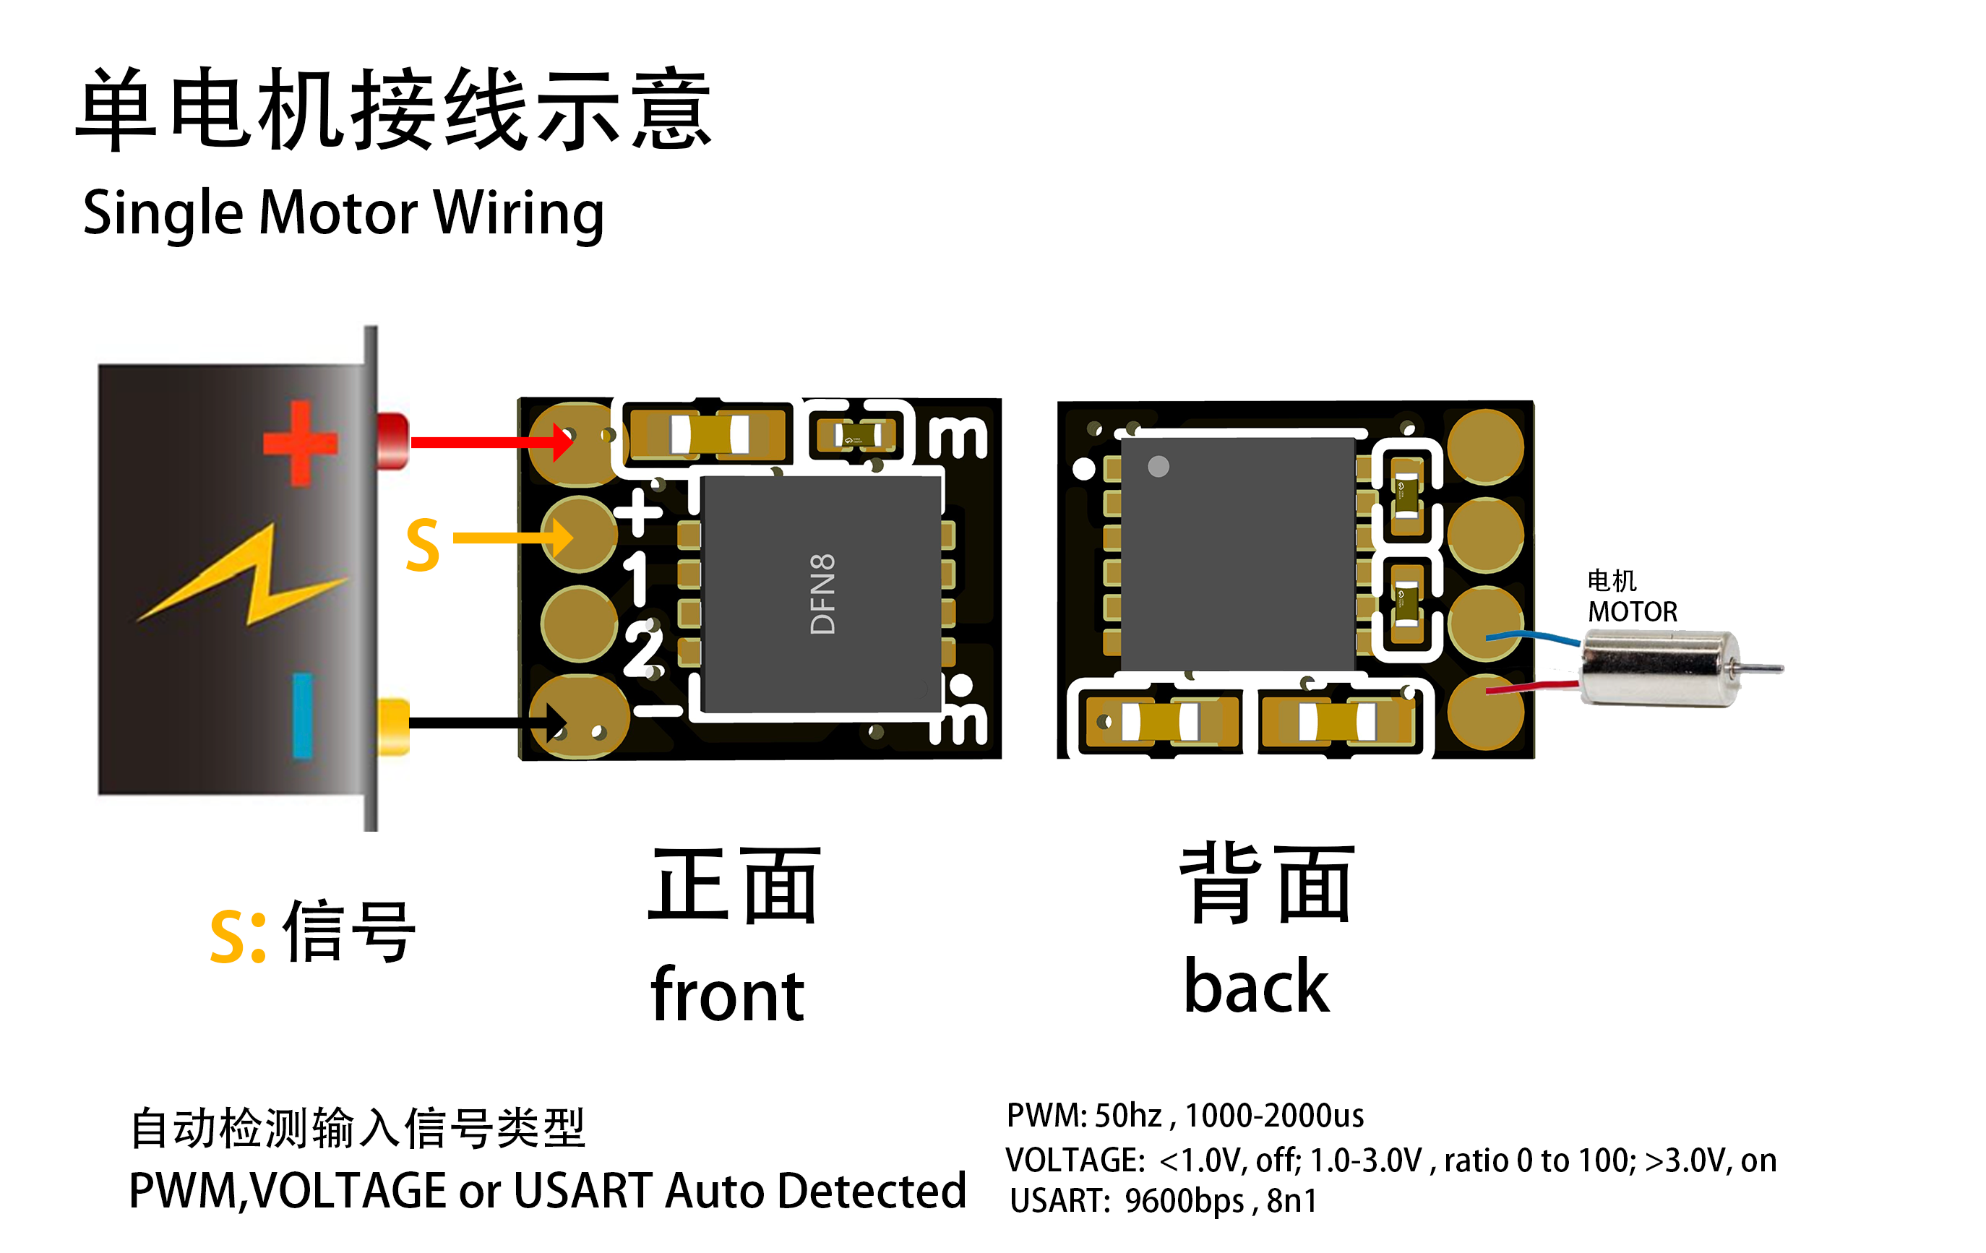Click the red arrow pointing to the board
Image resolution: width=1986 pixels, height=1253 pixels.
coord(486,443)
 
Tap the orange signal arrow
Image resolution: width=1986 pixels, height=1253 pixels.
coord(512,538)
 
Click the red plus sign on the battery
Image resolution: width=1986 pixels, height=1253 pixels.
coord(300,443)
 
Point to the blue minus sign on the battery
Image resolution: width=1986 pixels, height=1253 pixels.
coord(303,715)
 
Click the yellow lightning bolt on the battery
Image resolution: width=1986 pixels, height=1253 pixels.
coord(247,577)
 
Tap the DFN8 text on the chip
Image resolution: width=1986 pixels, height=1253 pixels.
coord(823,593)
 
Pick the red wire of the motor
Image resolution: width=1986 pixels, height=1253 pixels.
coord(1534,687)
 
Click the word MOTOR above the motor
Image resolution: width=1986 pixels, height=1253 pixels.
coord(1632,612)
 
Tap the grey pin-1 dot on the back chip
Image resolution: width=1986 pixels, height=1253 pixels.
coord(1158,467)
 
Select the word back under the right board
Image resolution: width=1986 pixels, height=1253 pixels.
coord(1256,986)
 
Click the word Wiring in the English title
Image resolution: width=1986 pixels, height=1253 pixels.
coord(519,213)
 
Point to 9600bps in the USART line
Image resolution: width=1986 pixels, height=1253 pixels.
coord(1184,1201)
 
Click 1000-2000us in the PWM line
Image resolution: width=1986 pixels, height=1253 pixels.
coord(1274,1115)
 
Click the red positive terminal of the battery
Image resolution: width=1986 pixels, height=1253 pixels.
coord(392,442)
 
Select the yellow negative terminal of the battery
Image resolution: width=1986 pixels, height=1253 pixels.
coord(392,726)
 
